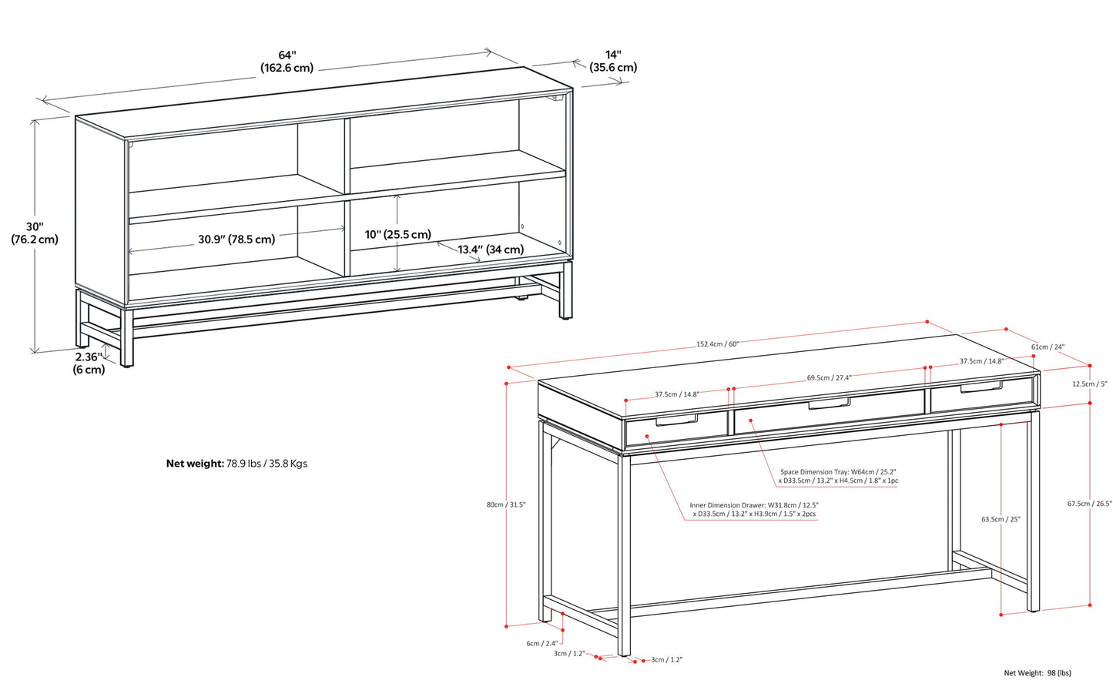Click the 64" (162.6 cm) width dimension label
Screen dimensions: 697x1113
287,62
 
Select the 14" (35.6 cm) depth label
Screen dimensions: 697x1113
613,62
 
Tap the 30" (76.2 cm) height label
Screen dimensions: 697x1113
35,233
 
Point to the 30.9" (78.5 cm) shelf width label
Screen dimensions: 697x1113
236,240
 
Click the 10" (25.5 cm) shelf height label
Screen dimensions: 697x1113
397,234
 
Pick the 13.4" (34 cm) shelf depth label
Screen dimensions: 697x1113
491,250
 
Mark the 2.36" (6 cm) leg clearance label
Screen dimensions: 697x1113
89,364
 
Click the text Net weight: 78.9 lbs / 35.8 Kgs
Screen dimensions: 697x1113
236,464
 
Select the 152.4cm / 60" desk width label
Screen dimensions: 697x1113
717,344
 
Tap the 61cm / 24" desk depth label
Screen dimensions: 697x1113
1048,347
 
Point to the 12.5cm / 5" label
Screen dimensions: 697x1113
1089,384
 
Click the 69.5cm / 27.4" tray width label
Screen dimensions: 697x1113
829,378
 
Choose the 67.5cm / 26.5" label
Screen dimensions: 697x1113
1089,504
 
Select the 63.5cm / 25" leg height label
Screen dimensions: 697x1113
1001,520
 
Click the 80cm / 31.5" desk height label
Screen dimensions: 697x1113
505,505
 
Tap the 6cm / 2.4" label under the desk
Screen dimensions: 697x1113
542,643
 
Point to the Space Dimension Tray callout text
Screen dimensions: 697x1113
838,477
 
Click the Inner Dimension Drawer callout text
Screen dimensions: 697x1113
753,510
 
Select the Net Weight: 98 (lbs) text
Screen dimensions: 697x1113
1037,673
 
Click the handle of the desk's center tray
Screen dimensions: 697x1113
829,403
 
